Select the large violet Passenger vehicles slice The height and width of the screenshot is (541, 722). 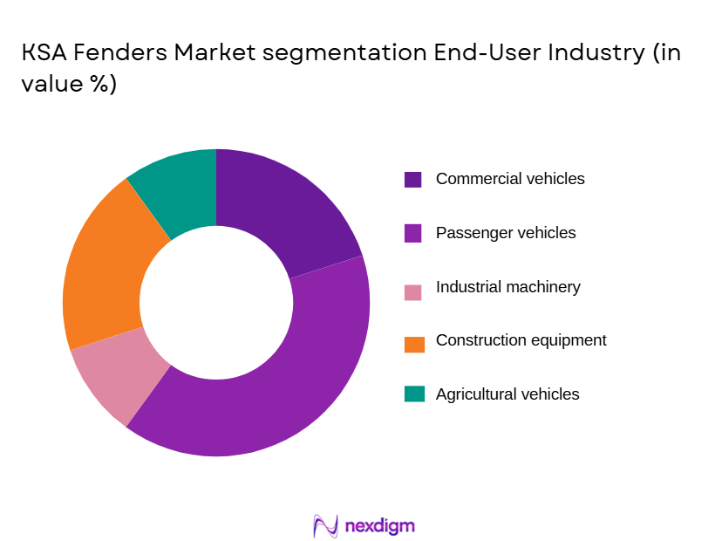point(288,384)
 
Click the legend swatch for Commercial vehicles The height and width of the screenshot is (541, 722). point(413,180)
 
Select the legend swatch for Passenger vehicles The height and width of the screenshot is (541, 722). point(413,234)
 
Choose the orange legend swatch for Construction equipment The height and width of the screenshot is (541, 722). point(413,341)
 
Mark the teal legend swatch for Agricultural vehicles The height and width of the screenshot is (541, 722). point(413,394)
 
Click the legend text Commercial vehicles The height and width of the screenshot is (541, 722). point(510,179)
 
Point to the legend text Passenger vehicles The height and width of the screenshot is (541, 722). point(506,233)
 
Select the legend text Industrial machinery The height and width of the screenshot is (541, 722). point(507,287)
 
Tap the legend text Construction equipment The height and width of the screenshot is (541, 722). point(521,340)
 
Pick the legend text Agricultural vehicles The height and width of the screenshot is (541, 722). point(507,394)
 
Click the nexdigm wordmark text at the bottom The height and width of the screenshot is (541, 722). point(379,526)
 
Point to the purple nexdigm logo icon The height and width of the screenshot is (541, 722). point(324,526)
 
